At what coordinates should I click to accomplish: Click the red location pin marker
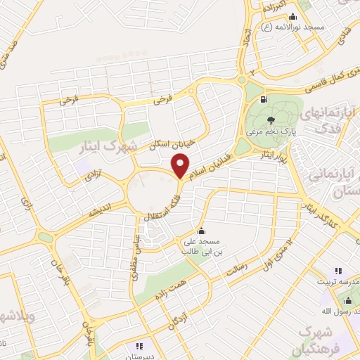(181, 167)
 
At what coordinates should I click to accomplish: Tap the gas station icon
(264, 99)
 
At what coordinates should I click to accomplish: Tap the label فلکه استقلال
(165, 203)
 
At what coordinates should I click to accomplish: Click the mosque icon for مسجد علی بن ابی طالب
(202, 231)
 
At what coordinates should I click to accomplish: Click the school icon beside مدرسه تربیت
(338, 271)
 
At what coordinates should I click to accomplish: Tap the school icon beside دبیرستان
(139, 346)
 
